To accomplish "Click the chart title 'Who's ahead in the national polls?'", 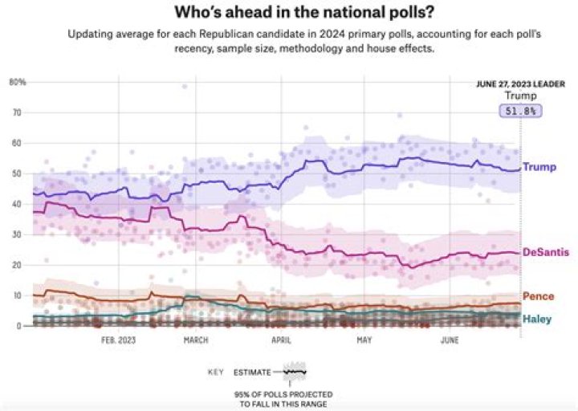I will click(289, 14).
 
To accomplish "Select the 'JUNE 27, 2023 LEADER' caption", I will click(520, 83).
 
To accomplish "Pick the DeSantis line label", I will click(547, 252).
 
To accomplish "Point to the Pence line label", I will click(538, 296).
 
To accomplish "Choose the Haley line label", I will click(537, 319).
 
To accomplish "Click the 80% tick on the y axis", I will click(18, 82).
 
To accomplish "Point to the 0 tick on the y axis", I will click(17, 326).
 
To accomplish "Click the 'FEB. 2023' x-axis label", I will click(119, 340).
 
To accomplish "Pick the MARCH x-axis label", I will click(195, 340).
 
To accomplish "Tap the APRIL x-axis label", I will click(281, 340).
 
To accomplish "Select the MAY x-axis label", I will click(364, 340).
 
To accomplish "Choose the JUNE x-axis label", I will click(450, 340).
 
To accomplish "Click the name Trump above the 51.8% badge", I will click(520, 96).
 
